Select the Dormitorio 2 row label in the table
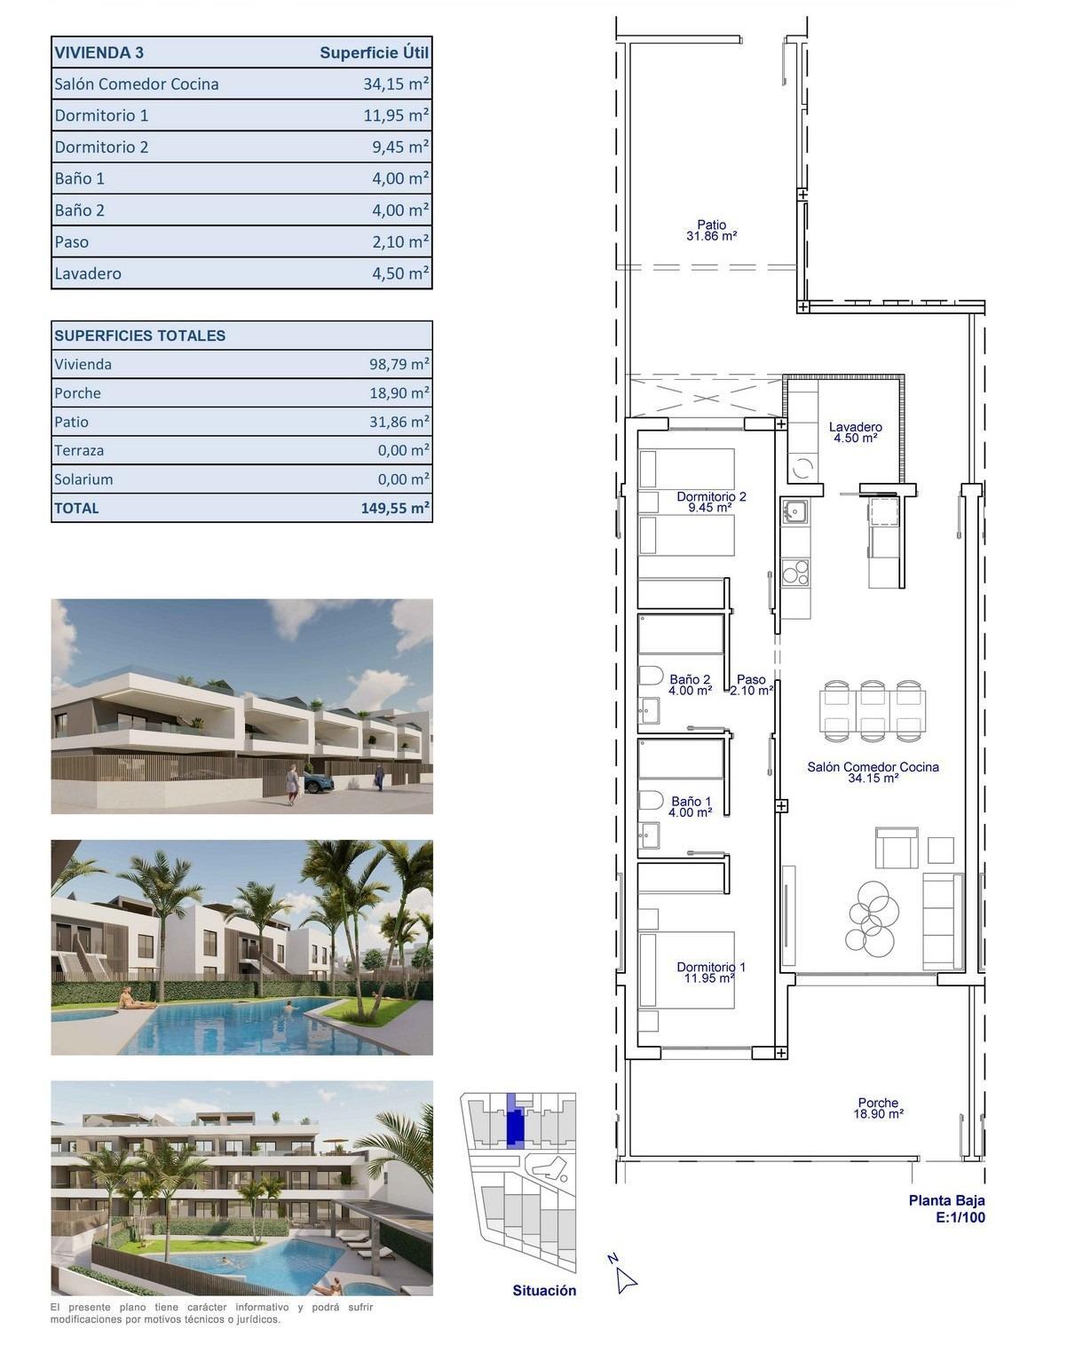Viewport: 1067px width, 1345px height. point(101,147)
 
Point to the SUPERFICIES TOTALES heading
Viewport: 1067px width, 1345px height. point(140,336)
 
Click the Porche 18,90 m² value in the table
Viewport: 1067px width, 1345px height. point(399,393)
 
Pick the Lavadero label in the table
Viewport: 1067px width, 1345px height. point(88,273)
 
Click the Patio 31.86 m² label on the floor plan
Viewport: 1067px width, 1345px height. point(711,231)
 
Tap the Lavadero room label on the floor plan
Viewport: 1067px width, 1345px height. point(855,432)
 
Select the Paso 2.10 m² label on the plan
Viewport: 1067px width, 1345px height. point(751,684)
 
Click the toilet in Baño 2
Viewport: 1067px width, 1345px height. point(650,676)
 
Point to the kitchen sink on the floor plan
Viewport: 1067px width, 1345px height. point(794,511)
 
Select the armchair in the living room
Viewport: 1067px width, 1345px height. point(897,848)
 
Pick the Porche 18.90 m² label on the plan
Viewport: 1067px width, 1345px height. point(878,1108)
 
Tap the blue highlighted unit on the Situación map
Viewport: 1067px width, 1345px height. point(514,1124)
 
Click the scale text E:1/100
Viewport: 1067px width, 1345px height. point(960,1217)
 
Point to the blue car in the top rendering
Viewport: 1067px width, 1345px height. point(318,782)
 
